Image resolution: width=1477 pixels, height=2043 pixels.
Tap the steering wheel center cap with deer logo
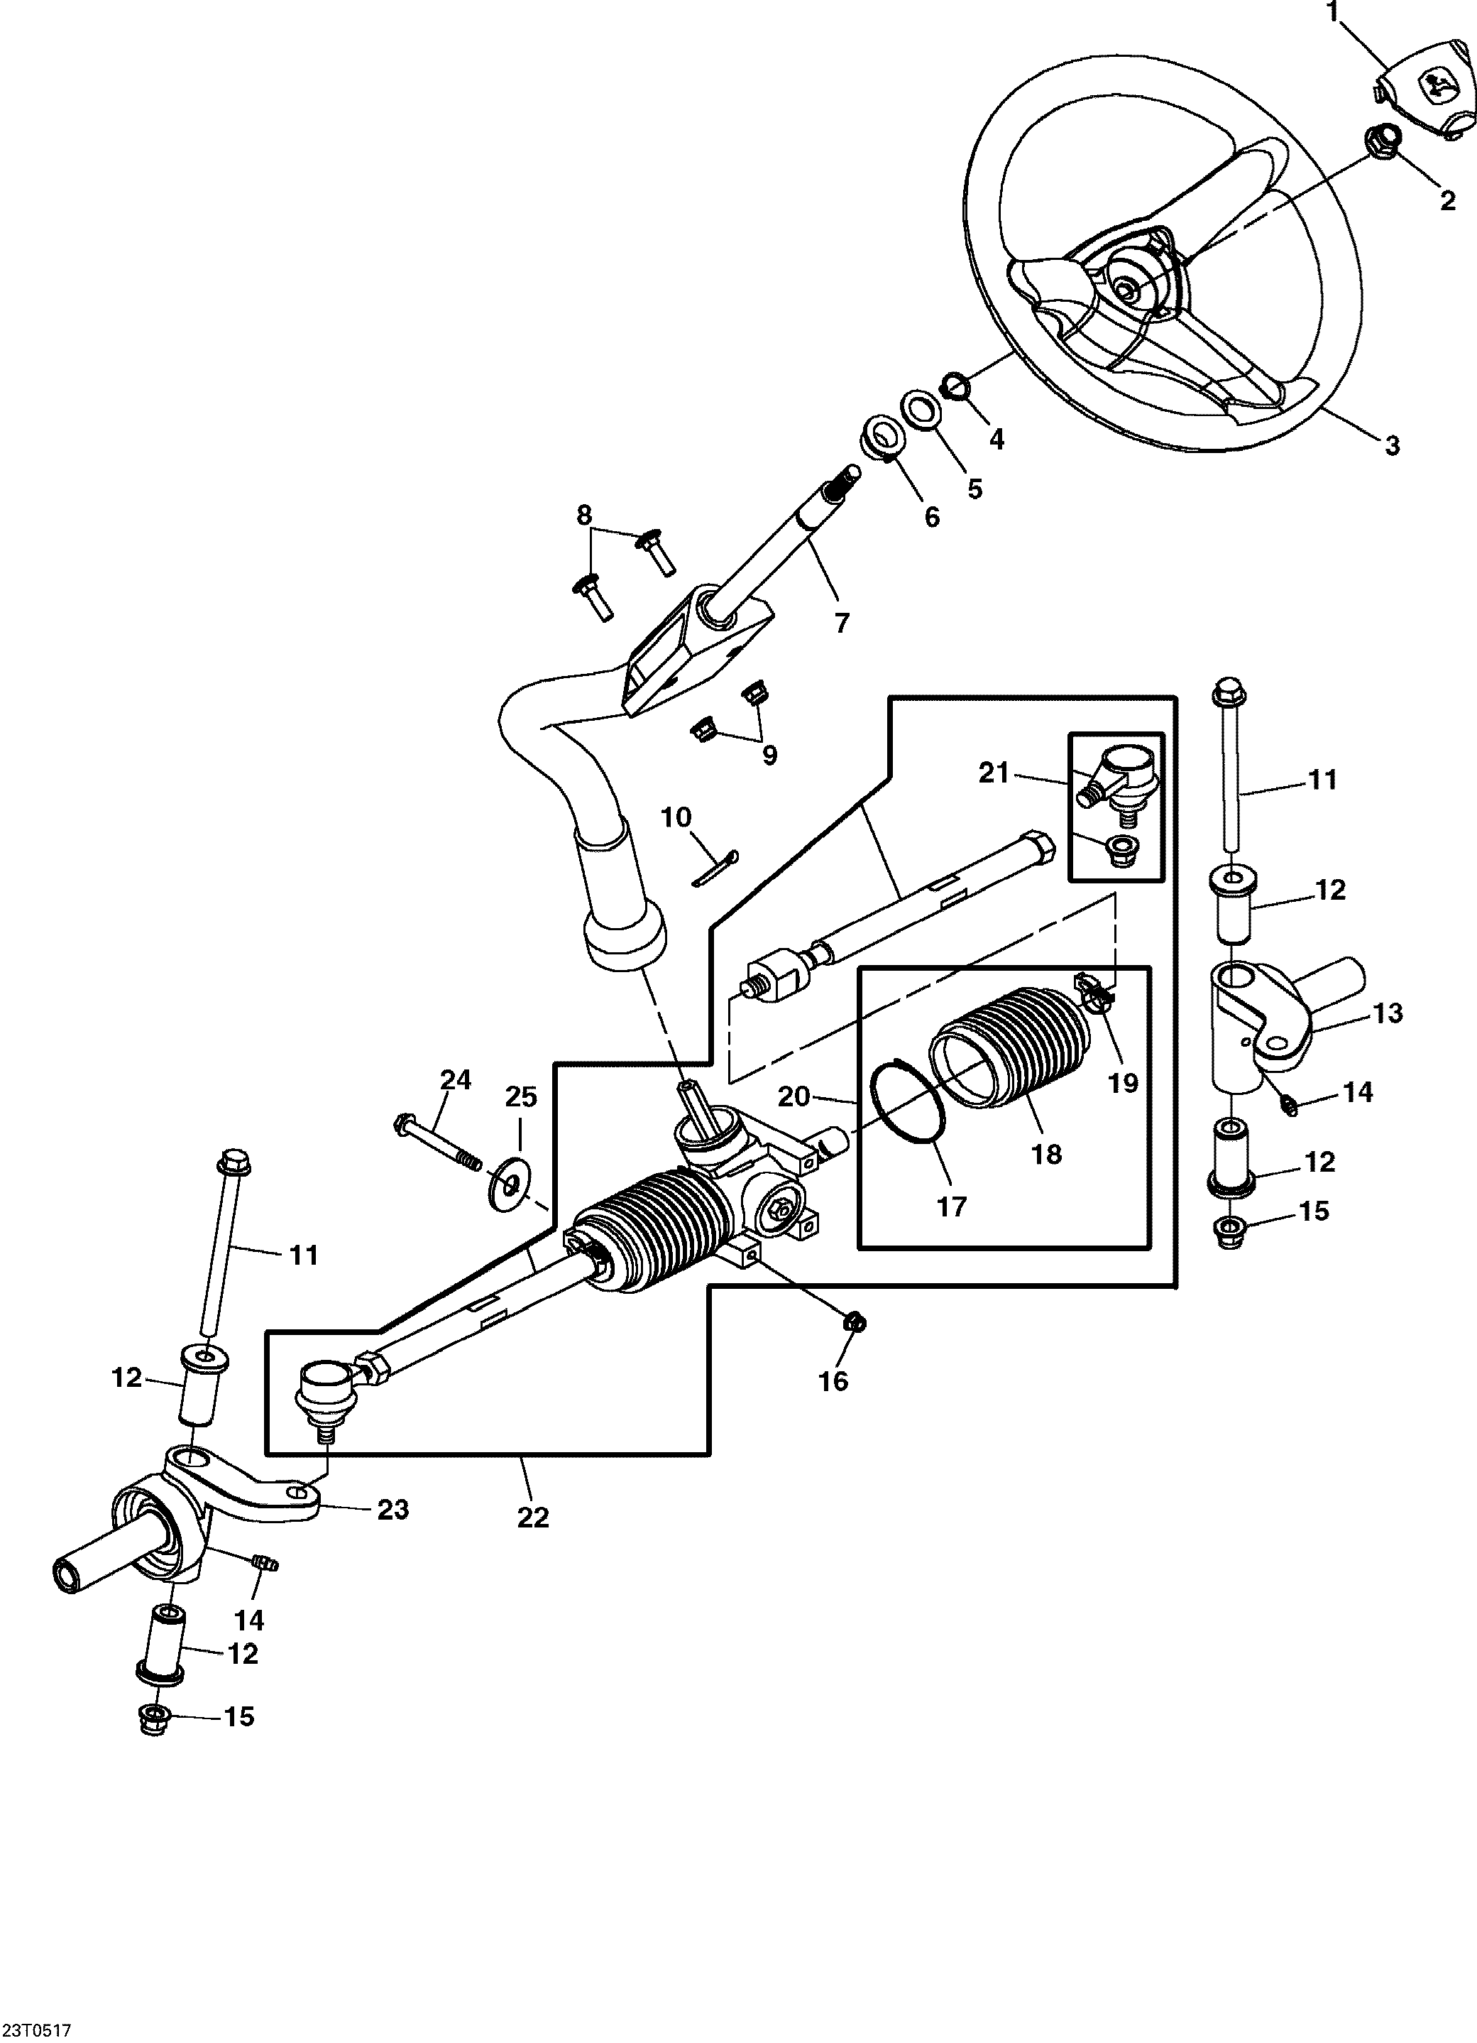(x=1427, y=95)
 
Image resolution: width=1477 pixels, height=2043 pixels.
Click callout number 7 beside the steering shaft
(x=841, y=623)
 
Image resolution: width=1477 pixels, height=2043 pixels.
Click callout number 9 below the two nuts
(x=769, y=754)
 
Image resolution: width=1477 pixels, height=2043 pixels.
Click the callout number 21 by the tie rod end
(x=994, y=773)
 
